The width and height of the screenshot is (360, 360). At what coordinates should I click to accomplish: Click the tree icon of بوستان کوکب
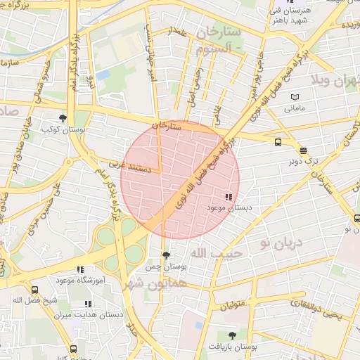(63, 118)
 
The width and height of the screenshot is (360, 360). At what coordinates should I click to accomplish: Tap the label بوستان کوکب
(58, 129)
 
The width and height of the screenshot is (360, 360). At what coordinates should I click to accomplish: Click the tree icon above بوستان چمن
(166, 256)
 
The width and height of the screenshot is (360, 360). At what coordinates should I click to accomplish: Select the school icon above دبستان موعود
(228, 198)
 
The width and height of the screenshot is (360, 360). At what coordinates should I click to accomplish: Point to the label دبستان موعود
(230, 208)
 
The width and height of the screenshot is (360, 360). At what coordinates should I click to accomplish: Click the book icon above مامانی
(294, 96)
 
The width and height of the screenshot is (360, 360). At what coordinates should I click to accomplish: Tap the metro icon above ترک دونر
(303, 150)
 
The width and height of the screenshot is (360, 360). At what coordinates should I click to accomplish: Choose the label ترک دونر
(303, 161)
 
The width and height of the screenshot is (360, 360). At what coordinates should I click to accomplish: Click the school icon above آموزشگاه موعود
(80, 269)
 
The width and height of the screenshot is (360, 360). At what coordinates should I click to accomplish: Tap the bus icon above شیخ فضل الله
(34, 289)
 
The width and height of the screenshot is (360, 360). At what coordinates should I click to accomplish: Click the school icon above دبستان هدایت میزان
(88, 304)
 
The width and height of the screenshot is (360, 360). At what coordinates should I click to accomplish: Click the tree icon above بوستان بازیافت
(233, 336)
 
